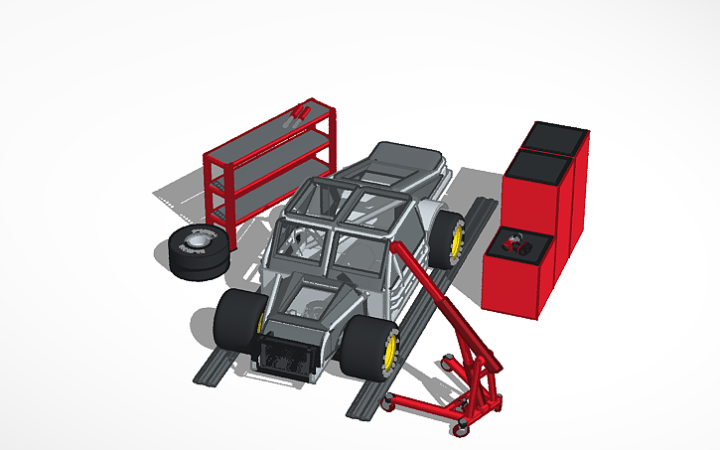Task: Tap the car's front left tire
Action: [x=236, y=321]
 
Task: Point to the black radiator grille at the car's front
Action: [x=288, y=358]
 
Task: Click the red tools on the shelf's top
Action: [x=301, y=113]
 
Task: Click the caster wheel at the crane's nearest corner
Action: [x=461, y=427]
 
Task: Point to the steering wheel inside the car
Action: [x=306, y=239]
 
